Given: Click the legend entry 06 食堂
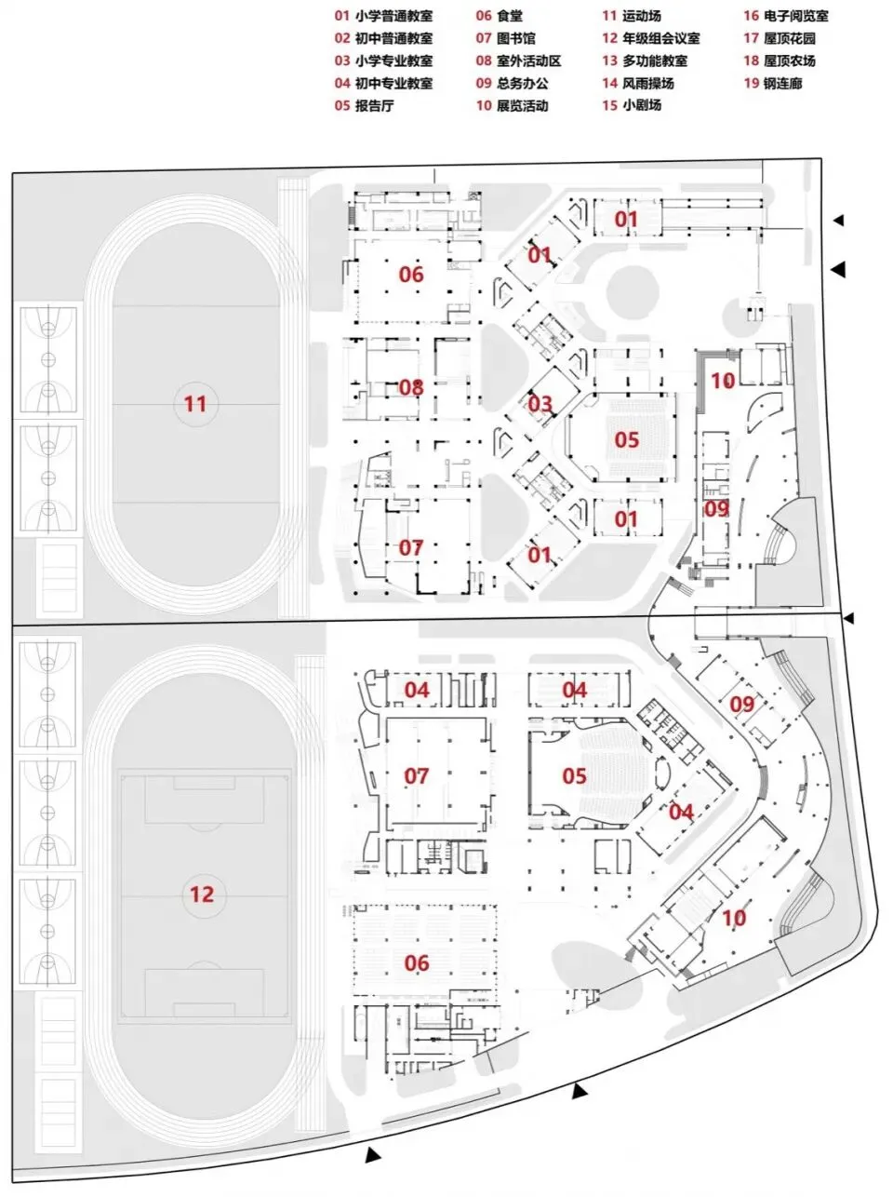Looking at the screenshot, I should click(x=500, y=16).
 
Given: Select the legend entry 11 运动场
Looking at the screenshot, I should click(x=632, y=16).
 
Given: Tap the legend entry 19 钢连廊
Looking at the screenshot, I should click(x=772, y=83).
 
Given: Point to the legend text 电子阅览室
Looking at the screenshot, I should click(x=796, y=16).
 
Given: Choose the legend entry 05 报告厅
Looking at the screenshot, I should click(x=364, y=105).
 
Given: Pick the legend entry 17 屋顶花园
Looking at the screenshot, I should click(x=780, y=38).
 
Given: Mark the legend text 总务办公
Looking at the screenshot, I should click(x=523, y=83).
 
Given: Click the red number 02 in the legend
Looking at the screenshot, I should click(x=343, y=38).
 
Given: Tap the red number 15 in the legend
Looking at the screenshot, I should click(x=609, y=105).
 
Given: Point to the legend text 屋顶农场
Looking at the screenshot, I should click(x=790, y=61).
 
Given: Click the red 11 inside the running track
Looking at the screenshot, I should click(x=194, y=404).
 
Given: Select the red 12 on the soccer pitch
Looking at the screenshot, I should click(x=201, y=894).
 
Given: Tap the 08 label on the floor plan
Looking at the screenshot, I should click(x=411, y=386).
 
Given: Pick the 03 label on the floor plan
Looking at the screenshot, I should click(x=540, y=404).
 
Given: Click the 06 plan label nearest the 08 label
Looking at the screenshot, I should click(x=411, y=274).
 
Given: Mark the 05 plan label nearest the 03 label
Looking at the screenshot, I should click(x=627, y=438).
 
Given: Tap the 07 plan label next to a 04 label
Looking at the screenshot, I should click(x=417, y=775).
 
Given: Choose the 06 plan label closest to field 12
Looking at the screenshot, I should click(x=417, y=962).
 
